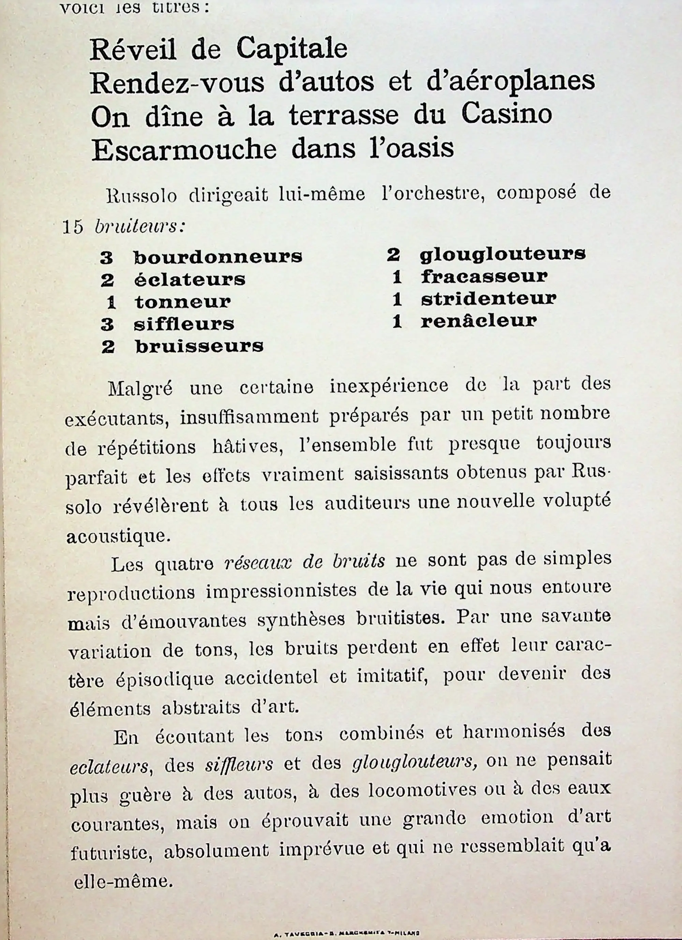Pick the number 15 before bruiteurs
[x=73, y=227]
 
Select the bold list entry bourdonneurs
[x=218, y=257]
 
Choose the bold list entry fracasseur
[x=484, y=276]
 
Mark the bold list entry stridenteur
[x=489, y=299]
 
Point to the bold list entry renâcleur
[x=479, y=321]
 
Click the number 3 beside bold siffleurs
[x=107, y=324]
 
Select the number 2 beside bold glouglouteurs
[x=393, y=255]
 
